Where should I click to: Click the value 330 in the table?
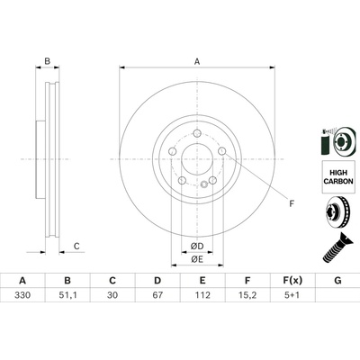click(x=22, y=295)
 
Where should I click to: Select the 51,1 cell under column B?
click(x=67, y=295)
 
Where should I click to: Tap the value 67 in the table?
click(x=157, y=295)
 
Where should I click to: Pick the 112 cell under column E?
click(x=202, y=295)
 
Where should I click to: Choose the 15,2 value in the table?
click(x=247, y=295)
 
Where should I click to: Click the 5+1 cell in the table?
click(x=292, y=295)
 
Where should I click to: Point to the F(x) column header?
click(x=292, y=281)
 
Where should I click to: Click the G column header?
click(x=337, y=281)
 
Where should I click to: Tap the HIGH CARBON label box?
click(x=338, y=176)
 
